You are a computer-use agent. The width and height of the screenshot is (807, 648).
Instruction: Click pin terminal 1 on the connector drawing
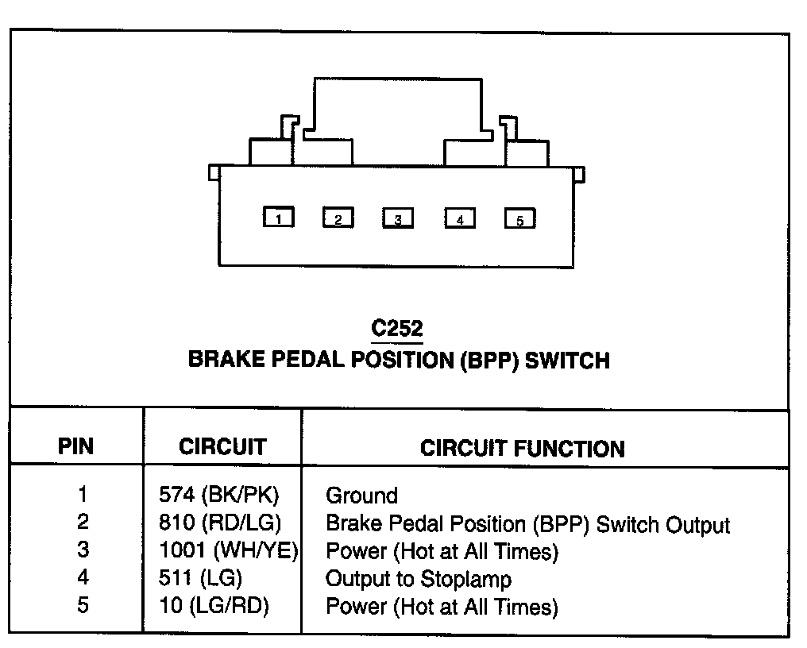[x=279, y=217]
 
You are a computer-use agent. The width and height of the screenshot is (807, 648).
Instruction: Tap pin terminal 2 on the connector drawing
[x=338, y=217]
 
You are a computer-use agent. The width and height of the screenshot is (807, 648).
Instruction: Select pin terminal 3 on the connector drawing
[x=398, y=218]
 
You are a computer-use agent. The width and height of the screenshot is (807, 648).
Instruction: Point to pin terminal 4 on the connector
[x=460, y=218]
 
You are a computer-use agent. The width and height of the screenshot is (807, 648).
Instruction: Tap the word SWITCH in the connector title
[x=568, y=360]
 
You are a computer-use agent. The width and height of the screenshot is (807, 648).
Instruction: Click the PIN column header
[x=76, y=446]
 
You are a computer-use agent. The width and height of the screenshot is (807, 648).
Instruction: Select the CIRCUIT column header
[x=222, y=446]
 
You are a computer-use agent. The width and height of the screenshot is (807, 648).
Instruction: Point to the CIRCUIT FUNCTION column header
[x=522, y=448]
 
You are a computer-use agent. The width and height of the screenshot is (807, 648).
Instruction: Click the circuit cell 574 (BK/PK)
[x=219, y=496]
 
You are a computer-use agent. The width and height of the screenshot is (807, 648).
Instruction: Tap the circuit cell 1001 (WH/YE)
[x=228, y=551]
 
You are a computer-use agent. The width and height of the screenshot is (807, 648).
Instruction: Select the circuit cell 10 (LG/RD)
[x=214, y=607]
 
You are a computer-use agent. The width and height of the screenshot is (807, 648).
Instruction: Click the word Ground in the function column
[x=361, y=496]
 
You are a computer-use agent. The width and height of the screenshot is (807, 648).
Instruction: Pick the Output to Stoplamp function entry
[x=419, y=579]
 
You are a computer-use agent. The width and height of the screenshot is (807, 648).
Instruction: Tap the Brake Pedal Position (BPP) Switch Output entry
[x=527, y=524]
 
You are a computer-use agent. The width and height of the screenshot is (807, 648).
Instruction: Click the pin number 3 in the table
[x=83, y=550]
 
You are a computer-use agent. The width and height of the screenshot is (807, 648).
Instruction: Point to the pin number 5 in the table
[x=83, y=606]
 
